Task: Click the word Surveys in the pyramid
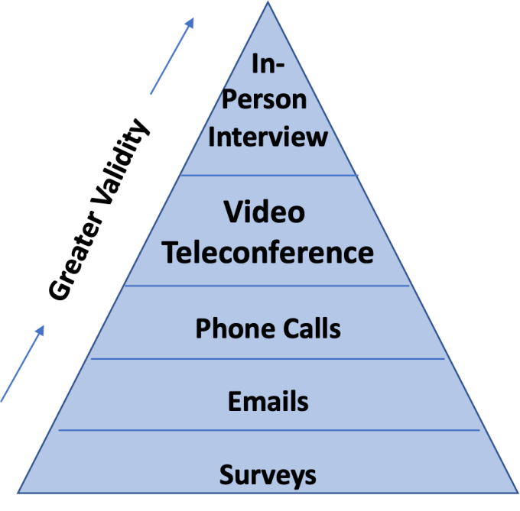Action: coord(268,475)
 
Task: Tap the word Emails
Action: coord(268,400)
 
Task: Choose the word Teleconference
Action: coord(268,252)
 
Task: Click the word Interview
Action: coord(268,137)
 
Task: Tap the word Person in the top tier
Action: coord(268,100)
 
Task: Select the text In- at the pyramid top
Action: coord(268,63)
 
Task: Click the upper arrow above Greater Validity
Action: coord(172,55)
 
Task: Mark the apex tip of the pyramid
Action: coord(268,3)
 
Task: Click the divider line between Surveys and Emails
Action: coord(268,430)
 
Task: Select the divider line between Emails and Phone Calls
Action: coord(268,358)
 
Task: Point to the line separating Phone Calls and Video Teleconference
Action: coord(268,286)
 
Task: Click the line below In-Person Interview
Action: coord(268,175)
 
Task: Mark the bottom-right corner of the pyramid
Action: coord(518,491)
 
